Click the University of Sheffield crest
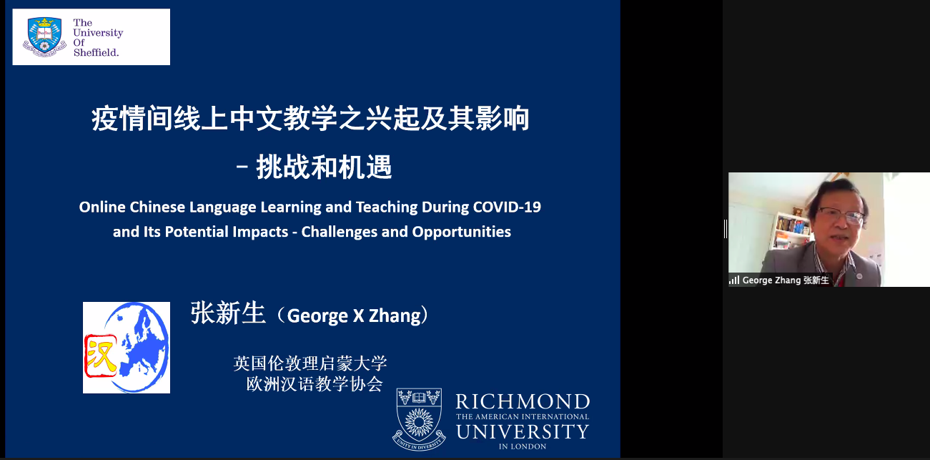click(x=45, y=36)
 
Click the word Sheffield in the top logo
click(x=96, y=52)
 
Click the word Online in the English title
click(x=102, y=207)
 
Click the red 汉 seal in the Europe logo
click(x=101, y=356)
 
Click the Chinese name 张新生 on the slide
click(x=228, y=313)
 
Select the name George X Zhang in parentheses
click(x=354, y=315)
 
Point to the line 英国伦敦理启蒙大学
click(x=310, y=363)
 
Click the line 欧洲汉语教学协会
click(x=315, y=383)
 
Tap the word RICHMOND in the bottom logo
click(x=523, y=402)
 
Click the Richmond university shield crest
click(x=419, y=419)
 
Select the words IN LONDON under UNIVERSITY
click(x=523, y=446)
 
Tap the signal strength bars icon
click(x=734, y=280)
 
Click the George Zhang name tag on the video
click(x=780, y=280)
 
